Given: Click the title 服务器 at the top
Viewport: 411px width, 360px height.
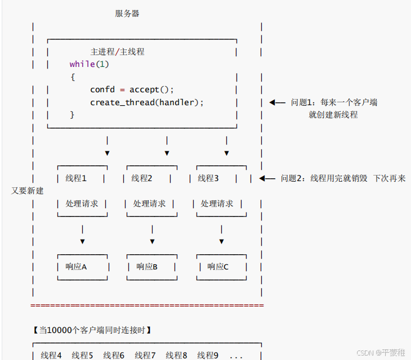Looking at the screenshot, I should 127,13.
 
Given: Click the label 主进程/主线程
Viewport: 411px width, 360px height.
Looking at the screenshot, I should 117,52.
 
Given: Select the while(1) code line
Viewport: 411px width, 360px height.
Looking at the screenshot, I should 90,64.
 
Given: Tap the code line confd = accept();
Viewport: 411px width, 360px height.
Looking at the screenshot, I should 132,89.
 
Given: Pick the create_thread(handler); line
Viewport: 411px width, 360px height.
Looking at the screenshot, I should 147,102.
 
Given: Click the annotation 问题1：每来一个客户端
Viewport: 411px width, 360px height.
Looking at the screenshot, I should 334,102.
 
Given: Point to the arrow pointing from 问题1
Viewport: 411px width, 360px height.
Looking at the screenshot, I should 278,102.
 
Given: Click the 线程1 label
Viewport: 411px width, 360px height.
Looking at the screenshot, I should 76,178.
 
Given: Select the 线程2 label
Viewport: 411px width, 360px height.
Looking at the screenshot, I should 142,178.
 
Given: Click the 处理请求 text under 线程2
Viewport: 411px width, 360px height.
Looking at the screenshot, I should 149,204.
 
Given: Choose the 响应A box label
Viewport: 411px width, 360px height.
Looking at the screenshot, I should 76,267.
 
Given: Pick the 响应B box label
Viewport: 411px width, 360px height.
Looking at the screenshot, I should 147,267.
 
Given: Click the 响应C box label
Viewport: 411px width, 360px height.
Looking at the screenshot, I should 218,267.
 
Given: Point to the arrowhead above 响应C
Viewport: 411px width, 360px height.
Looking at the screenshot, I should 221,241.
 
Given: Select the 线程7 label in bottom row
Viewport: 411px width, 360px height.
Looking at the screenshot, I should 145,355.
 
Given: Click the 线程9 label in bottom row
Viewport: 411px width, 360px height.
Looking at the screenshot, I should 208,355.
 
